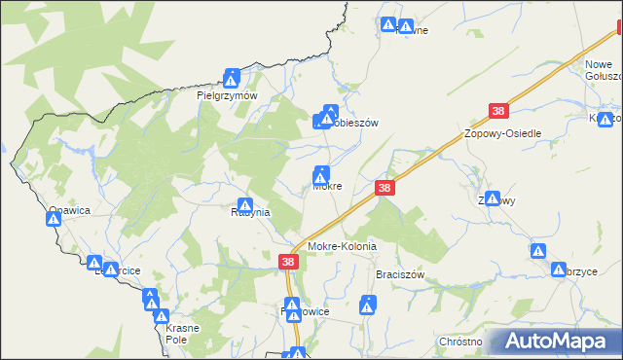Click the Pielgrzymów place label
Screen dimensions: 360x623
coord(226,96)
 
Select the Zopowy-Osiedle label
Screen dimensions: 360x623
coord(502,133)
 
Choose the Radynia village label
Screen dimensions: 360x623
coord(250,211)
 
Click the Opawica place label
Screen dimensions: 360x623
coord(69,209)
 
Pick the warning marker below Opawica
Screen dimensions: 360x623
coord(54,221)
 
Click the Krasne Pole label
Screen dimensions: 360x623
coord(175,335)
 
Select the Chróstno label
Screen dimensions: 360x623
coord(460,342)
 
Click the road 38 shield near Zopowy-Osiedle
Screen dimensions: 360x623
coord(499,114)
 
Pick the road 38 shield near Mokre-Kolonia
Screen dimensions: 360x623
coord(289,262)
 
